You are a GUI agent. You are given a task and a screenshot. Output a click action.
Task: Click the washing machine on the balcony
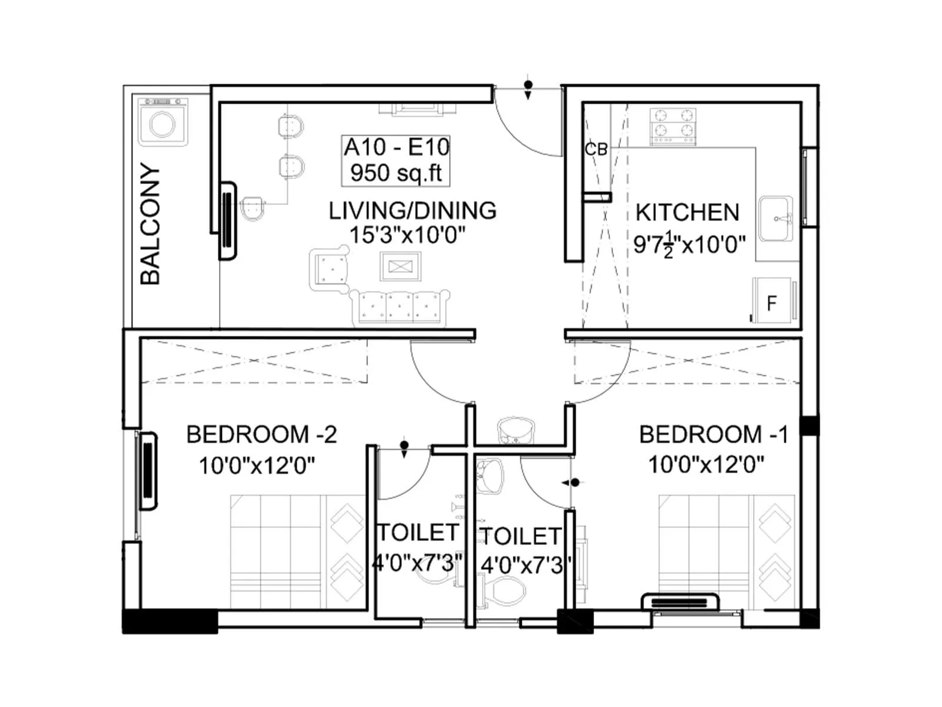(x=163, y=123)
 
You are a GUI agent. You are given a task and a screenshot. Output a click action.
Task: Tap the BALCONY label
(x=151, y=224)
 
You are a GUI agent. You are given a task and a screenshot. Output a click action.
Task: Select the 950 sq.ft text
(x=396, y=173)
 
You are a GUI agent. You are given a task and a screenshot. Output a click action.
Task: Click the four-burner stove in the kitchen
(x=672, y=125)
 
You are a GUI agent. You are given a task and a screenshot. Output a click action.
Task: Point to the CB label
(x=595, y=150)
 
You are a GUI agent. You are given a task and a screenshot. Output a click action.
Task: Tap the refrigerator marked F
(x=774, y=302)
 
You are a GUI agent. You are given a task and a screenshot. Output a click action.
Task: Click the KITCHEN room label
(x=687, y=213)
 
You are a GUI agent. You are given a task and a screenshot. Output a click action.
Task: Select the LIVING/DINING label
(x=412, y=210)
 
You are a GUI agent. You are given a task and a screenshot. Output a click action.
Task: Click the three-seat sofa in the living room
(x=400, y=306)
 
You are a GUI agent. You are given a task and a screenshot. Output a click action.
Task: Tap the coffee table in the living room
(x=400, y=267)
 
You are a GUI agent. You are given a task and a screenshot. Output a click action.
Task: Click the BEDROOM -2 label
(x=261, y=435)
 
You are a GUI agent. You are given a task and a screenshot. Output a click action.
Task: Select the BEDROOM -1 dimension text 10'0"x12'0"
(x=706, y=465)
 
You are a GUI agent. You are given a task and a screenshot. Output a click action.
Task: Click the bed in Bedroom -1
(x=728, y=551)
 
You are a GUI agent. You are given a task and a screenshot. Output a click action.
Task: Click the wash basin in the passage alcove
(x=516, y=430)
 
